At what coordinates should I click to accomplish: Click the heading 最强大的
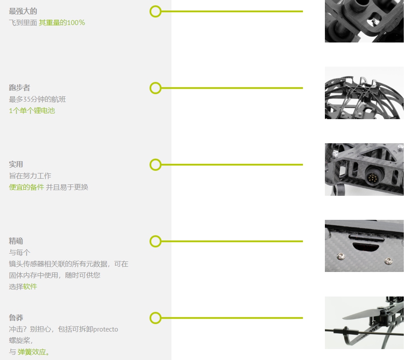pos(23,11)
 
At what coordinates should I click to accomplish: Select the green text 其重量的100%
pos(62,22)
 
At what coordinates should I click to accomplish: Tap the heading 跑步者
pos(19,88)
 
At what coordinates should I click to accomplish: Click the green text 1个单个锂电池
pos(32,110)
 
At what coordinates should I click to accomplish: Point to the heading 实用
pos(16,164)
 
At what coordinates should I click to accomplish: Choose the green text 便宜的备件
pos(26,187)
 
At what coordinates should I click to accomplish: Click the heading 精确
pos(16,241)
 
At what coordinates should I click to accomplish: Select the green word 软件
pos(30,286)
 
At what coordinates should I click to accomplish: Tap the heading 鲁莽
pos(16,318)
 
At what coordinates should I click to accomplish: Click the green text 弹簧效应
pos(32,352)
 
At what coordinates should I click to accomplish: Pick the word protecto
pos(105,329)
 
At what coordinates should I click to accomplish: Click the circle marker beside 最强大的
pos(155,11)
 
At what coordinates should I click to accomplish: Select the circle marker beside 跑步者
pos(155,88)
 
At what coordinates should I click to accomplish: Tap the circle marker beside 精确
pos(155,241)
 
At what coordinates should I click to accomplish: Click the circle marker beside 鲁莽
pos(155,318)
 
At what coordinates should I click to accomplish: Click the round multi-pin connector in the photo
pos(373,177)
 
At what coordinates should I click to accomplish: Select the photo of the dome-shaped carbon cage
pos(364,93)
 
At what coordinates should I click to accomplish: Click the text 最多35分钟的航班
pos(37,99)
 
